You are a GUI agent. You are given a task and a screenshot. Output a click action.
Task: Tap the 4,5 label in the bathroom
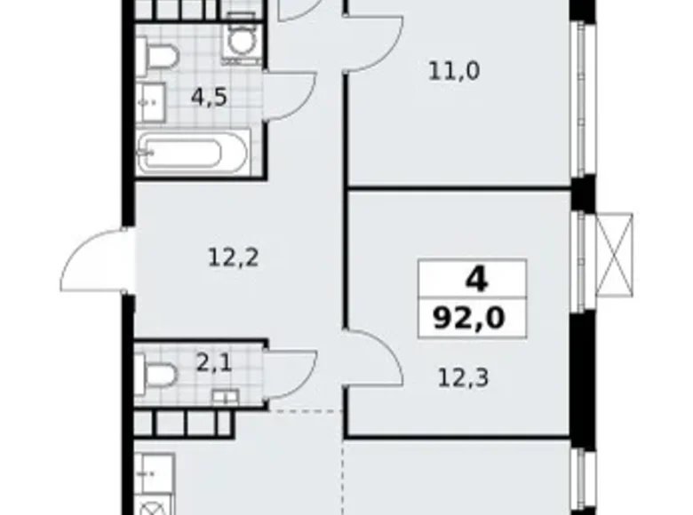209,95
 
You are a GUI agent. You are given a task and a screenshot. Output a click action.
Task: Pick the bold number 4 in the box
475,281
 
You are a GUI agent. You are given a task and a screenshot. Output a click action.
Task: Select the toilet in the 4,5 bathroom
161,55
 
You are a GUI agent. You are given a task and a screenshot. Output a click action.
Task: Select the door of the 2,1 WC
291,373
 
